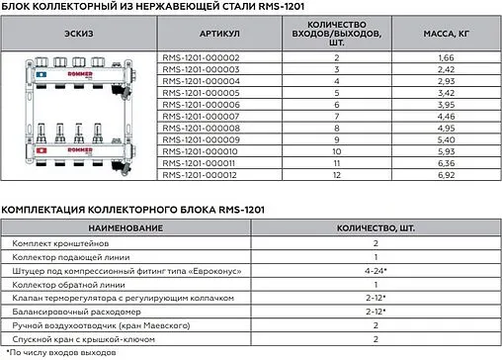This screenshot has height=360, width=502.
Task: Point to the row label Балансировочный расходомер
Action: click(x=69, y=310)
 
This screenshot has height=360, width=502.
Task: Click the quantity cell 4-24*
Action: click(x=376, y=269)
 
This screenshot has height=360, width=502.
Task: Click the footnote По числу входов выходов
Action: click(x=59, y=351)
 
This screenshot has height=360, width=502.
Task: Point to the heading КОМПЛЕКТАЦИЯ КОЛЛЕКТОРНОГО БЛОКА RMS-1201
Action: click(x=133, y=210)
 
